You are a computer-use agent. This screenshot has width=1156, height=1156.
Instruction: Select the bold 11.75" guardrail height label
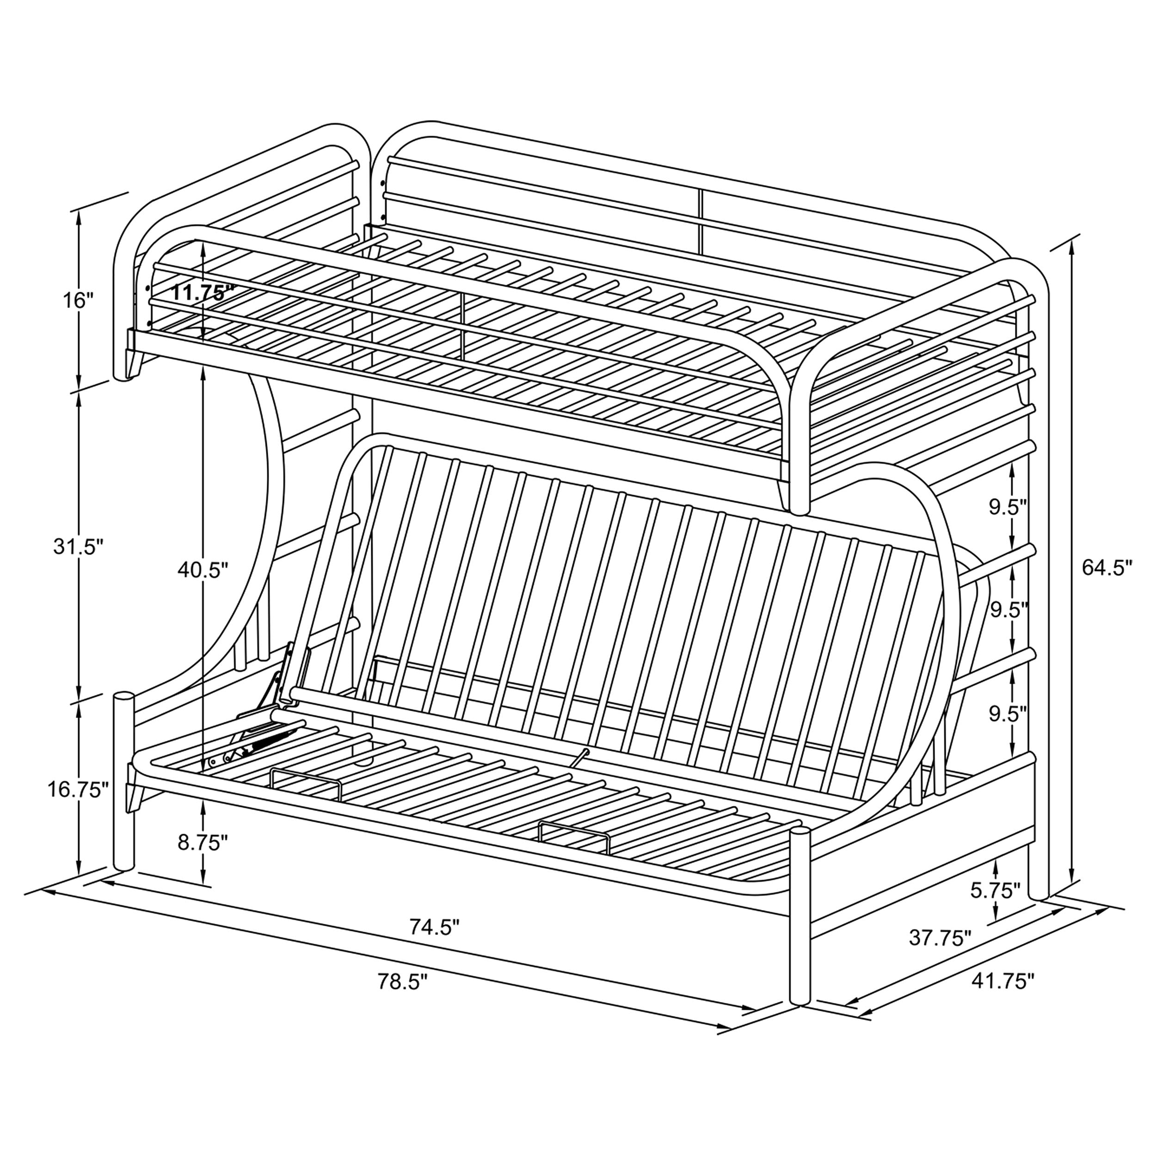click(x=202, y=293)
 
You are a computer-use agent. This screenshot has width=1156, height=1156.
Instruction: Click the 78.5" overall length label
click(x=403, y=981)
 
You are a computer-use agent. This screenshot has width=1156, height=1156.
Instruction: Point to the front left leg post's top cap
click(x=124, y=697)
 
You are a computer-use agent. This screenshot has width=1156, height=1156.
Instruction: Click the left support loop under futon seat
click(x=305, y=784)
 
